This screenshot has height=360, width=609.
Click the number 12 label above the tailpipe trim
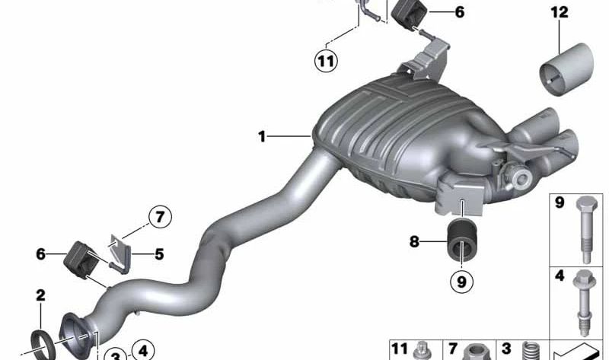point(560,12)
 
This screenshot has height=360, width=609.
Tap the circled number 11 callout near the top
point(326,61)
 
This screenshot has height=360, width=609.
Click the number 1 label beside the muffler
point(262,136)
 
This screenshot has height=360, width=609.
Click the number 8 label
point(414,242)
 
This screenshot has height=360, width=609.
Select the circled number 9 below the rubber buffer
point(461,282)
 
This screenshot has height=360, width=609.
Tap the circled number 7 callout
point(160,217)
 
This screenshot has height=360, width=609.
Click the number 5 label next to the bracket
point(159,254)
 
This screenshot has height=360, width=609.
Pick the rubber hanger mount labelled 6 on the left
point(81,260)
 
